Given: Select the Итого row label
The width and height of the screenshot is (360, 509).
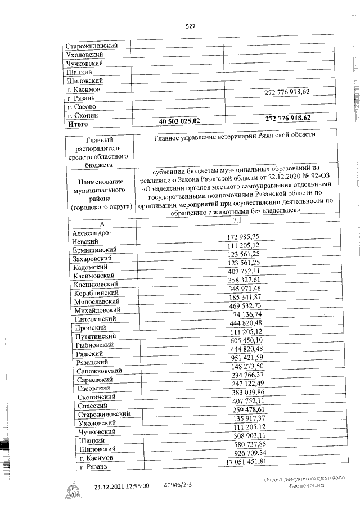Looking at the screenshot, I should click(78, 124).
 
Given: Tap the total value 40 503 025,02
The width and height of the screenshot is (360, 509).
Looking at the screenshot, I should click(179, 121).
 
